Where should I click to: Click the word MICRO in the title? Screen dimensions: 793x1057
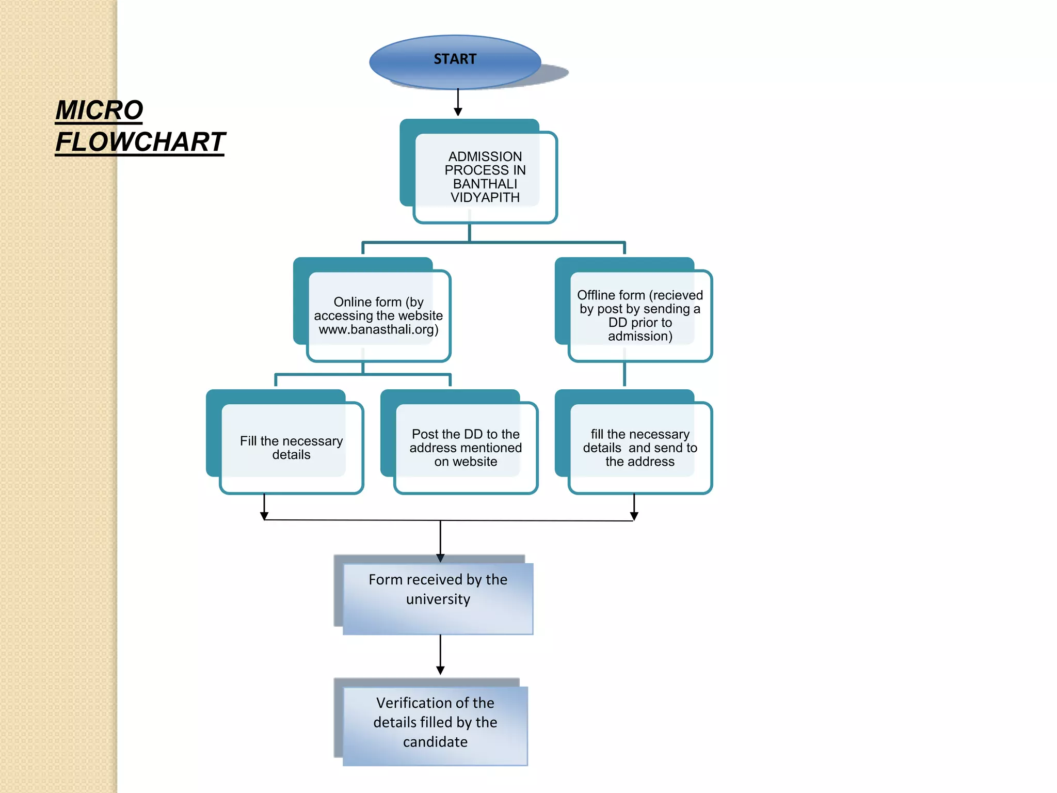click(x=99, y=110)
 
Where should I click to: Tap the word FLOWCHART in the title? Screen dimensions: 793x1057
click(x=140, y=142)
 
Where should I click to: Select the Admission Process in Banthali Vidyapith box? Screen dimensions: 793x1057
click(x=485, y=177)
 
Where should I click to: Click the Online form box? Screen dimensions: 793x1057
click(x=378, y=315)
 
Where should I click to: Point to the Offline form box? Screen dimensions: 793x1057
click(x=640, y=315)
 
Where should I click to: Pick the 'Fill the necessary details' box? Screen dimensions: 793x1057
click(x=291, y=448)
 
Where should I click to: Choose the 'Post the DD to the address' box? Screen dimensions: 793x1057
click(x=466, y=448)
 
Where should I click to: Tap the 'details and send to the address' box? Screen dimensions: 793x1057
click(x=640, y=448)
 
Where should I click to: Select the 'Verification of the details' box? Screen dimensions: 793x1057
click(x=435, y=725)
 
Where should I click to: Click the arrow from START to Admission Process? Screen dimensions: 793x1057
click(x=458, y=102)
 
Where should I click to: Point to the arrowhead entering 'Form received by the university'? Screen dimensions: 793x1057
click(x=440, y=558)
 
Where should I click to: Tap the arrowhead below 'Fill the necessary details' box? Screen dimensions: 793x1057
click(x=264, y=515)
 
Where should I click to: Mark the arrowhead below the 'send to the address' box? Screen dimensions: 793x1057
click(x=634, y=515)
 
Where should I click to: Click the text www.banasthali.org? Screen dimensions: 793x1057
click(x=378, y=329)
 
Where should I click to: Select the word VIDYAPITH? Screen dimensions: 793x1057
click(x=485, y=198)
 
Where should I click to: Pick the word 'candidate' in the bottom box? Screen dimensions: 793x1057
click(x=435, y=742)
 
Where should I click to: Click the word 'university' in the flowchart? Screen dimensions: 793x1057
click(x=438, y=599)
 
